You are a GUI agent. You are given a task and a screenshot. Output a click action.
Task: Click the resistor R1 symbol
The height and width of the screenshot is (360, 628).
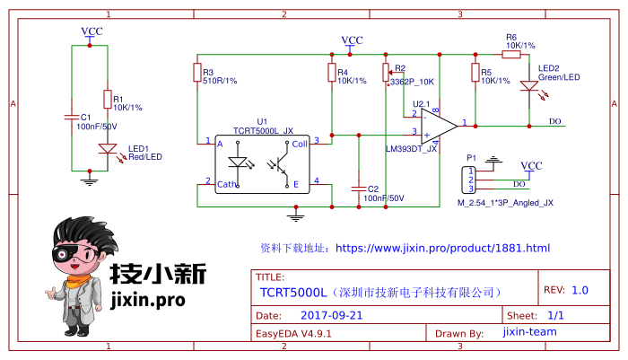(x=107, y=99)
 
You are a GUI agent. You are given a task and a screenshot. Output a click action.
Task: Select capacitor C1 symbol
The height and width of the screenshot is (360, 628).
(x=71, y=116)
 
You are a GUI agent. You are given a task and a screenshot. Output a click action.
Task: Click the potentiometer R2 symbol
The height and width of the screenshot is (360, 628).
(x=386, y=72)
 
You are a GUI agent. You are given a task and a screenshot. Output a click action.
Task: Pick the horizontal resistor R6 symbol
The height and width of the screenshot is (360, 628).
(x=510, y=54)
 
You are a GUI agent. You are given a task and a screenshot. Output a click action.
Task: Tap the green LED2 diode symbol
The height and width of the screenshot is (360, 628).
(x=529, y=87)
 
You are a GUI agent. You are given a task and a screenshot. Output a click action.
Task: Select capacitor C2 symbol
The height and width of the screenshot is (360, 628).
(x=358, y=189)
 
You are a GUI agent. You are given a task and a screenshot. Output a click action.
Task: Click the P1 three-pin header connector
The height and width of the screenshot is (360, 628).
(x=468, y=179)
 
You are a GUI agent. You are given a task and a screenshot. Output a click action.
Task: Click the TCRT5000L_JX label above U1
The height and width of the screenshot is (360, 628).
(x=263, y=130)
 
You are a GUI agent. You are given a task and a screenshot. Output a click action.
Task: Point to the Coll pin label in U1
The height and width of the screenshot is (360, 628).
(x=299, y=142)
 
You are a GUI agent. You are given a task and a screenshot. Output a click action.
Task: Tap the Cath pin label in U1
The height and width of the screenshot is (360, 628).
(x=227, y=185)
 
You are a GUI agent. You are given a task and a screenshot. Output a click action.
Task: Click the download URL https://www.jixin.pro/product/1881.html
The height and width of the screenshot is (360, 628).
(x=441, y=248)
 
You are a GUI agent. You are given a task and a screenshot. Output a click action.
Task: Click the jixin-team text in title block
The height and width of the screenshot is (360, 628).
(x=529, y=332)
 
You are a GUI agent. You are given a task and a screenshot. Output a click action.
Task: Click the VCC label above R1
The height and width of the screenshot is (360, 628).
(x=92, y=31)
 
